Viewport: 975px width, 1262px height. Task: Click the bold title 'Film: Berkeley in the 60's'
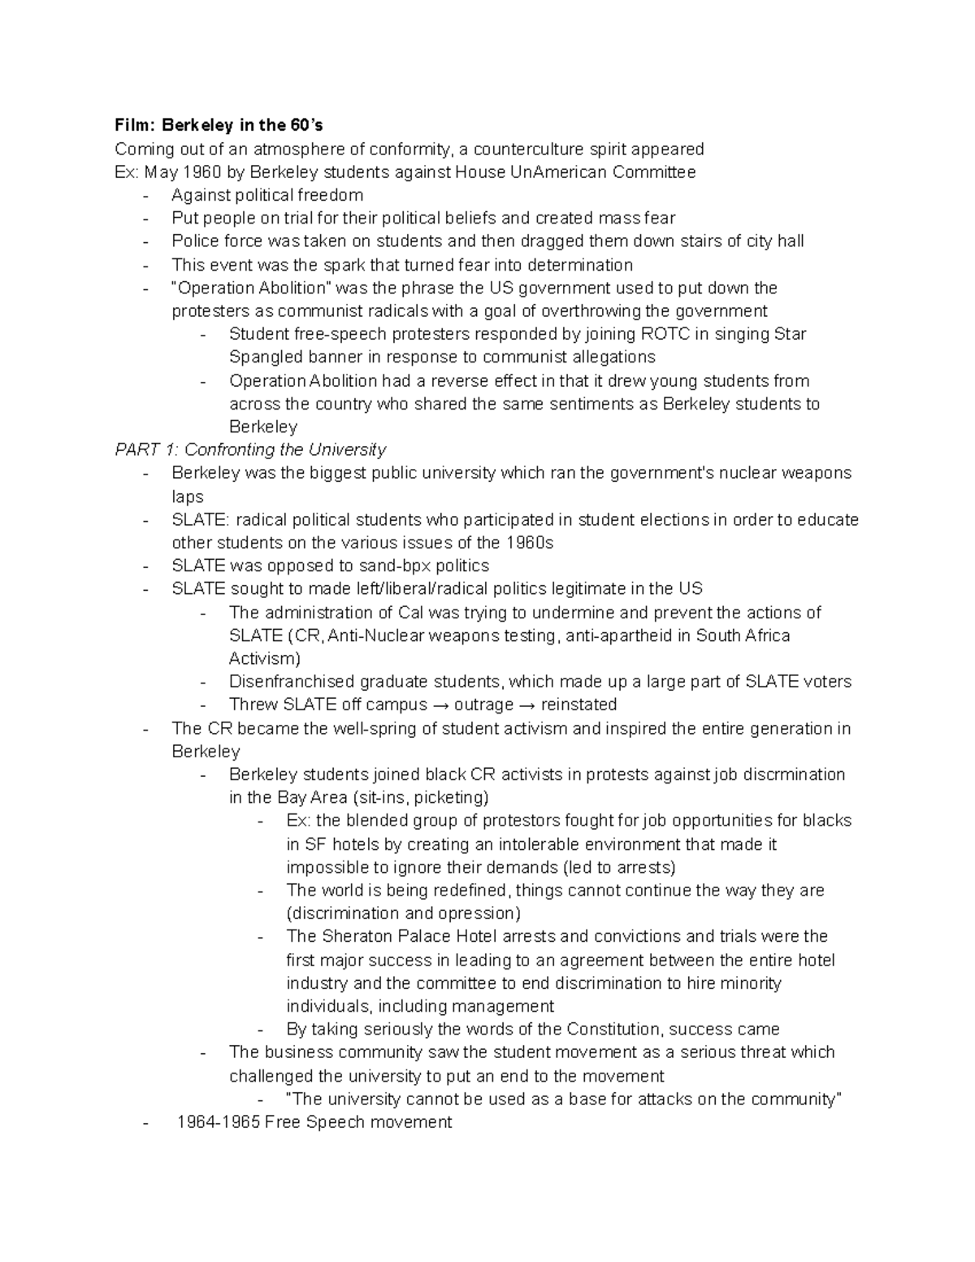click(x=219, y=125)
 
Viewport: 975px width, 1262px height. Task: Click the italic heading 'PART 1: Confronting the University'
click(x=250, y=449)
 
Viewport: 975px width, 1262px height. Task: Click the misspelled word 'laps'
click(x=187, y=497)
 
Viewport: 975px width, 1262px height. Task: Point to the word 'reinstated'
click(x=578, y=705)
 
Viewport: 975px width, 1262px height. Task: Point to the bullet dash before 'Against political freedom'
click(x=145, y=195)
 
